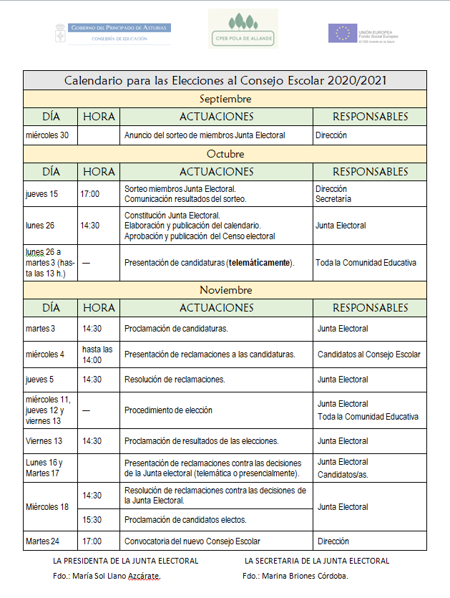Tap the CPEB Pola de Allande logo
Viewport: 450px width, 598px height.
pos(243,29)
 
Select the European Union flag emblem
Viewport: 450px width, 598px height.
pos(342,33)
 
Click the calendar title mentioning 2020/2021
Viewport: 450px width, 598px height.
pos(225,80)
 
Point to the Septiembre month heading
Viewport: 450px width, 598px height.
pos(225,98)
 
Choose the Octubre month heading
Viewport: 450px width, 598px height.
pos(225,154)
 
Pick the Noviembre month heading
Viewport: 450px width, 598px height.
pos(225,290)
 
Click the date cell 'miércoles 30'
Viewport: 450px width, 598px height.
pos(47,135)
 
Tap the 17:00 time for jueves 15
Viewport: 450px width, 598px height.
pos(90,194)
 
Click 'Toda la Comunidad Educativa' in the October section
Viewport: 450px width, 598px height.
pos(366,263)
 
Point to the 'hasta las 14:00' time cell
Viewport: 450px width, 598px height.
pos(97,355)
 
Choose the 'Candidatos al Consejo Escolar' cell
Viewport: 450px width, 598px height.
pos(369,355)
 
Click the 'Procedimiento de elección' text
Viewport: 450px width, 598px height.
pos(168,410)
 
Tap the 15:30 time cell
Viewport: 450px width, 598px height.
pos(92,520)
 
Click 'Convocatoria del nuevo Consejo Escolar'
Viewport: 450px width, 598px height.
pos(192,541)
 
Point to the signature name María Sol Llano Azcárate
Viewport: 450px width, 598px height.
pos(117,576)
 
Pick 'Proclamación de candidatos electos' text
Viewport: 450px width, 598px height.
pos(185,520)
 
